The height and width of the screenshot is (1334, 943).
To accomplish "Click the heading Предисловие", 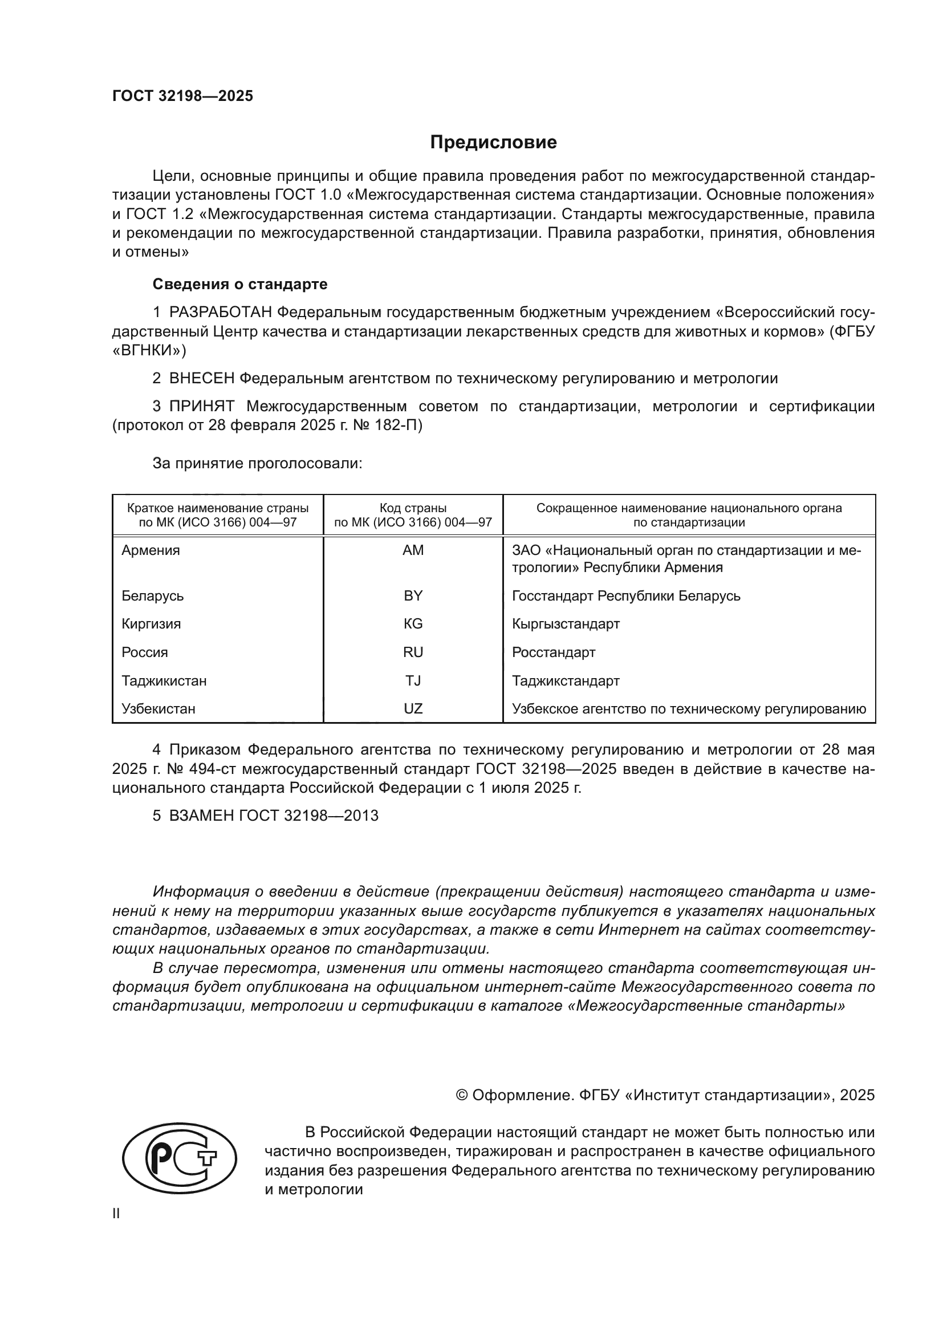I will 493,143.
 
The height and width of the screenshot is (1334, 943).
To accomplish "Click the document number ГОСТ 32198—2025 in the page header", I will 182,96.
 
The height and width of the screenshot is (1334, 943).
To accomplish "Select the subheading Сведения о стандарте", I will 240,284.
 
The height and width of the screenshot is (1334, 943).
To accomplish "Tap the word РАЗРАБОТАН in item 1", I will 221,313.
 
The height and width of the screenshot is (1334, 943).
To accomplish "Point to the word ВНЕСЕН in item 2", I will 202,378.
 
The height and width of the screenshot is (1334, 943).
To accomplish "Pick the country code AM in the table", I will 413,550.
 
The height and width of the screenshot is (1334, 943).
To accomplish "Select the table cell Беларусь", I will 153,595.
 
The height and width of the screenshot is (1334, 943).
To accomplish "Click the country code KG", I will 413,624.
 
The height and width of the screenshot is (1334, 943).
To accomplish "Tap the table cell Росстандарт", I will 554,652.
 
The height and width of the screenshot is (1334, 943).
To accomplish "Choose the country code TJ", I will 413,680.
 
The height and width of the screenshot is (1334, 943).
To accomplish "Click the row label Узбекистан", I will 158,709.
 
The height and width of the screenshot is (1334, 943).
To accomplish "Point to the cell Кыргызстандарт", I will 566,624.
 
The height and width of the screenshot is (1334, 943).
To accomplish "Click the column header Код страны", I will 413,508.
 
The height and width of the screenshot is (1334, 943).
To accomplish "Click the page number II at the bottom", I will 116,1214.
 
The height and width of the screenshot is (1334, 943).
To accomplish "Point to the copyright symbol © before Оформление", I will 462,1096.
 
